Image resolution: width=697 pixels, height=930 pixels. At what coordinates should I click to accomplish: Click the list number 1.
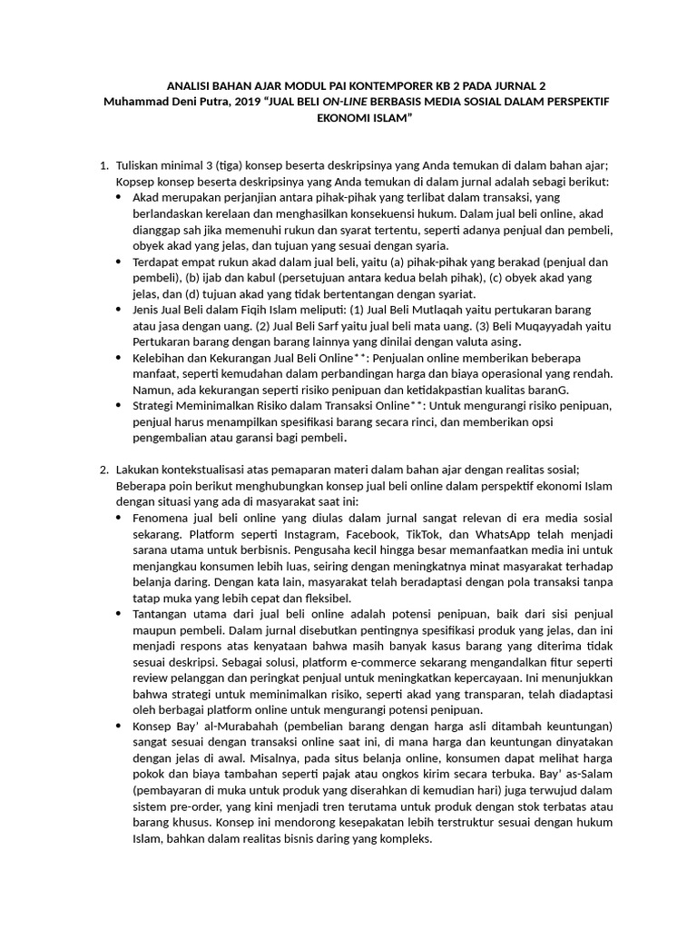click(102, 165)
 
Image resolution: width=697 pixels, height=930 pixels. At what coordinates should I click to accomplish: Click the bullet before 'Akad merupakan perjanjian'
click(122, 197)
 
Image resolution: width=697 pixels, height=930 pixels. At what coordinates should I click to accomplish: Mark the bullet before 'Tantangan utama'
click(122, 614)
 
